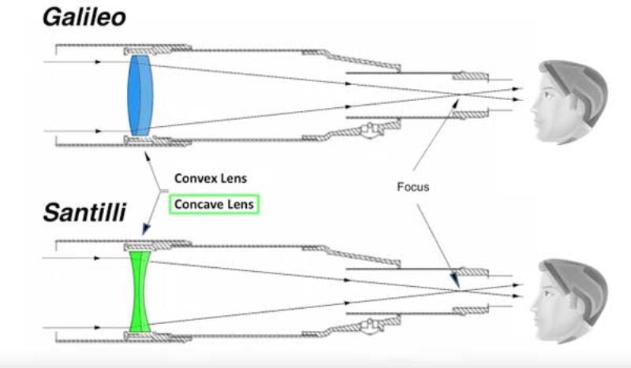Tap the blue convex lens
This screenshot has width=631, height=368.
pyautogui.click(x=139, y=95)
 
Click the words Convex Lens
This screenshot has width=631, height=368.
pyautogui.click(x=210, y=178)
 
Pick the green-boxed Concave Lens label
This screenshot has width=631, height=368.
pyautogui.click(x=215, y=204)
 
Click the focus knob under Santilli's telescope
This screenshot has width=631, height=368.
pyautogui.click(x=369, y=323)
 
